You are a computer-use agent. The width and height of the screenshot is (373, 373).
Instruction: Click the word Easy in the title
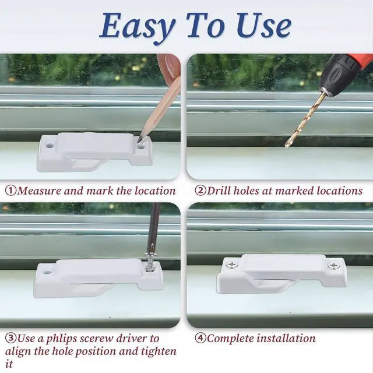click(138, 27)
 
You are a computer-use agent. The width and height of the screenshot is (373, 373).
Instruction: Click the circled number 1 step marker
click(10, 191)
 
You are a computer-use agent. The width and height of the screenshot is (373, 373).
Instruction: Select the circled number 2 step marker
click(200, 191)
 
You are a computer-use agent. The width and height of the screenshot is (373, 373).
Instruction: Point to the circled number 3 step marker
click(10, 338)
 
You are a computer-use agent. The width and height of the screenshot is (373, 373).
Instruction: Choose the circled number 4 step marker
click(200, 338)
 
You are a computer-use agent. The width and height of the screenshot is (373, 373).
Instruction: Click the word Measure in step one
click(39, 191)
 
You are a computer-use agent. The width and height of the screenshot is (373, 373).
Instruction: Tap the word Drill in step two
click(219, 191)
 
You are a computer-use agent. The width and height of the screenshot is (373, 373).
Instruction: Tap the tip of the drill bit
click(287, 145)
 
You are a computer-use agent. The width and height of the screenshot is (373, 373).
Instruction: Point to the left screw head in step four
click(231, 265)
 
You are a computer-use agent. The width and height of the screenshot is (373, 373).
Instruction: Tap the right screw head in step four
click(333, 266)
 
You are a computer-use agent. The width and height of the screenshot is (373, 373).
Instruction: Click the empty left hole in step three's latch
click(48, 272)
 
